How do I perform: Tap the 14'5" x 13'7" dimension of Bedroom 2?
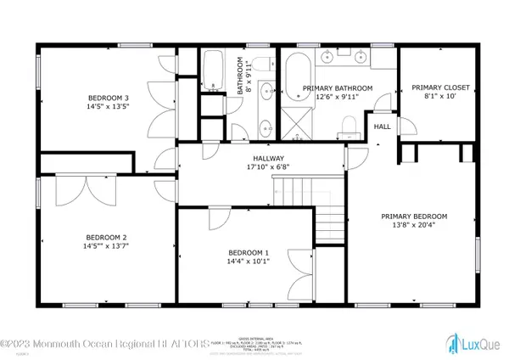point(106,247)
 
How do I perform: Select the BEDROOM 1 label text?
point(249,252)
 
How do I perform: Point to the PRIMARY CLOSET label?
point(434,87)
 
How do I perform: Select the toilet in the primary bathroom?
point(346,127)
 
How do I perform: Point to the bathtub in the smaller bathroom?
point(211,71)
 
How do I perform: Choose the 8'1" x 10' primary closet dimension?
point(434,97)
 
